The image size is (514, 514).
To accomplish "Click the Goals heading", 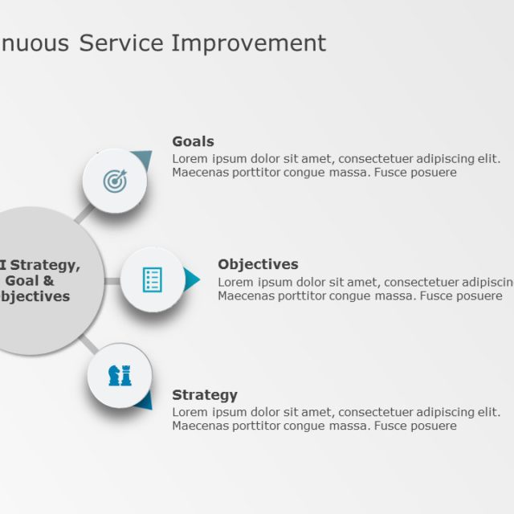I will (x=193, y=142).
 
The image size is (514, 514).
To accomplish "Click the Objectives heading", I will (x=258, y=264).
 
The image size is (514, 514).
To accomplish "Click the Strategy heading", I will (x=205, y=395).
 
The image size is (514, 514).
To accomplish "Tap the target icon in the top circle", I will (x=115, y=181).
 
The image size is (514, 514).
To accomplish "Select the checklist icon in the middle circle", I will (x=152, y=279).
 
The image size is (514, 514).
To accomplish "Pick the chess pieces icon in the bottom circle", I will (x=120, y=375).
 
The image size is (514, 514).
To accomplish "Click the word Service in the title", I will (x=123, y=43).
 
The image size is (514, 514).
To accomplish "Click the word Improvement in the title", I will (x=249, y=43).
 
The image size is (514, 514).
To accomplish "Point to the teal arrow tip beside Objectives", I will (x=193, y=279).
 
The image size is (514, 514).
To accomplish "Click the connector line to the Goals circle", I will (x=84, y=211).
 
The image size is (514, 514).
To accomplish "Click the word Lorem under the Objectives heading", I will (x=235, y=282).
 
